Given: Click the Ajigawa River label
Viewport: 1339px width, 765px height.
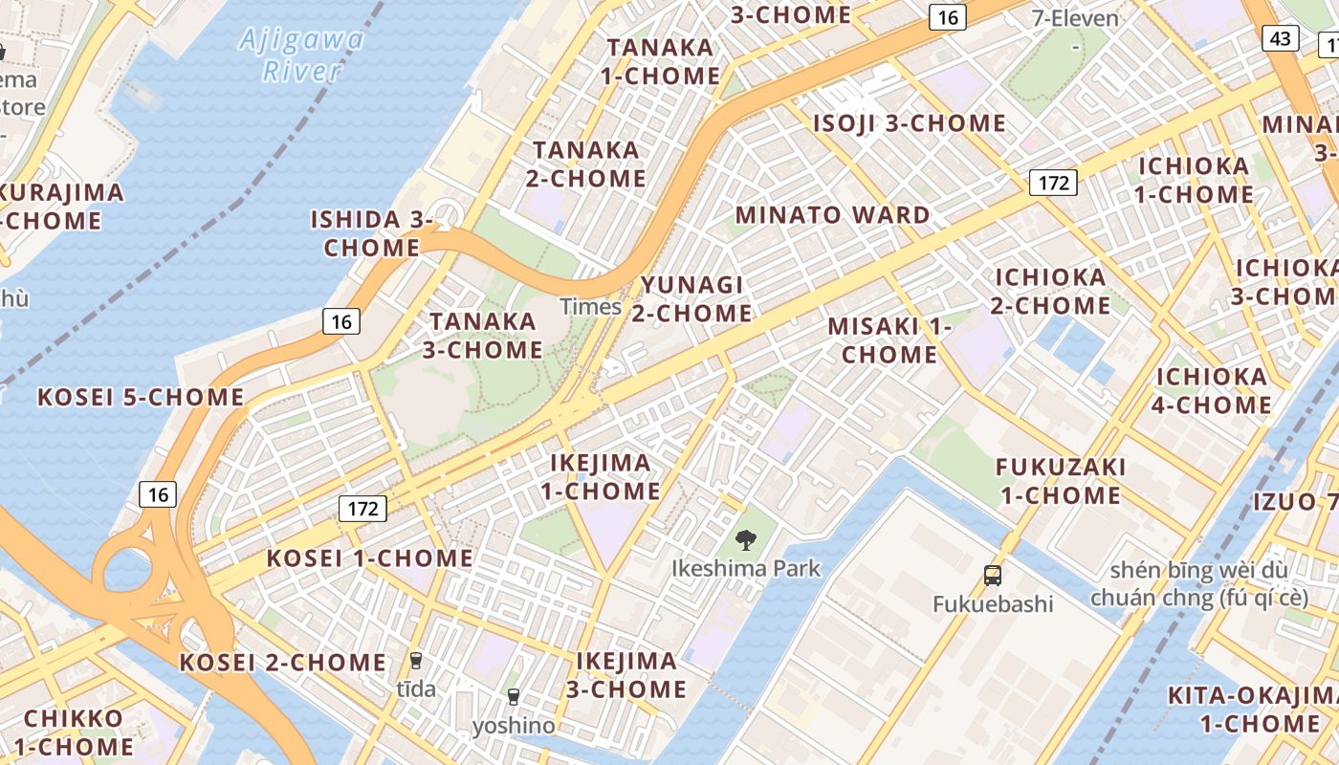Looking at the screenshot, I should (301, 55).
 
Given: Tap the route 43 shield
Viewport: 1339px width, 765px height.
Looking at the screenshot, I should (1281, 37).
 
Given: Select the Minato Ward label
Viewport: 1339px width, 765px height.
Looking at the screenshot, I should (833, 215).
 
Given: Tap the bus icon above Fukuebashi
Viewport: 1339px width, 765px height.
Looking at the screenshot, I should (993, 576).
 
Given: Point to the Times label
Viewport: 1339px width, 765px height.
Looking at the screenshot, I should (590, 307).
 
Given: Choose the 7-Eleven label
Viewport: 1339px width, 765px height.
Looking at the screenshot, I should (1075, 18).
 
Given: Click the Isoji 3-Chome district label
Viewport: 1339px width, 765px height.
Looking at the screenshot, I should (909, 123).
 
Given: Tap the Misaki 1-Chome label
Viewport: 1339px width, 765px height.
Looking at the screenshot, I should (889, 339).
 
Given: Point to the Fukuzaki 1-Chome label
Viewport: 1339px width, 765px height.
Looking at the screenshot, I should (1060, 481).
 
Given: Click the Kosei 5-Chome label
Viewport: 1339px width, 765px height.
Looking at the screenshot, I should (141, 397).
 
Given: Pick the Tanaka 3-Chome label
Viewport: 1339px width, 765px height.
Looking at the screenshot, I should (483, 336).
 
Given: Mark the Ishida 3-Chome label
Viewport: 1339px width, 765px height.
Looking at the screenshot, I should (372, 233).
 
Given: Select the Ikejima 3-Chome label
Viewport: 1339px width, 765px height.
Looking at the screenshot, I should (631, 675).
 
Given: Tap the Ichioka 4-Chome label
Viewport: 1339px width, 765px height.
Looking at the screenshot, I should (1212, 390).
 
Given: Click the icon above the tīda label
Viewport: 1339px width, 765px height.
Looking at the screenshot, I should (416, 660).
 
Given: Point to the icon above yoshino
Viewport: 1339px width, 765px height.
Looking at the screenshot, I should (514, 696).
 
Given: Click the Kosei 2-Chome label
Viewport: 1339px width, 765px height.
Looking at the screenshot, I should (283, 662).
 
